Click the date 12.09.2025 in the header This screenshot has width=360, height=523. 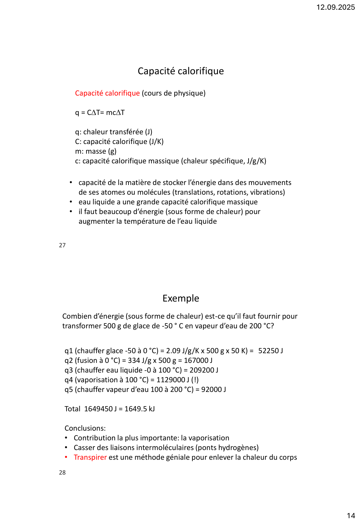coord(335,7)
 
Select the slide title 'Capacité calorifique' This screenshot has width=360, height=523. coord(180,71)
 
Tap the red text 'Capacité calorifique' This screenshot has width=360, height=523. coord(107,93)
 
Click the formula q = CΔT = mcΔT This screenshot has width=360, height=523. coord(100,113)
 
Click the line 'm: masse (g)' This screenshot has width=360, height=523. coord(96,151)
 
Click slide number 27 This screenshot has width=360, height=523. coord(62,245)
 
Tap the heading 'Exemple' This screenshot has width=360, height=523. coord(180,298)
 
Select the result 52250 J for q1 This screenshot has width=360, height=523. coord(271,351)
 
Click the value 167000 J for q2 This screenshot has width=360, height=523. coord(198,361)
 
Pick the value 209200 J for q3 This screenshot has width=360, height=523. coord(204,370)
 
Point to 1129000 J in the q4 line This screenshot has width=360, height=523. coord(173,380)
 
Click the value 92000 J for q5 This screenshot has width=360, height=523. coord(213,390)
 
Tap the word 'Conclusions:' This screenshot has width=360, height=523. coord(85,428)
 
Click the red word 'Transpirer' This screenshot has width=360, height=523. coord(90,457)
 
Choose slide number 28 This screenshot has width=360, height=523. coord(62,473)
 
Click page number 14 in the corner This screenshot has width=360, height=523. coord(351,516)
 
